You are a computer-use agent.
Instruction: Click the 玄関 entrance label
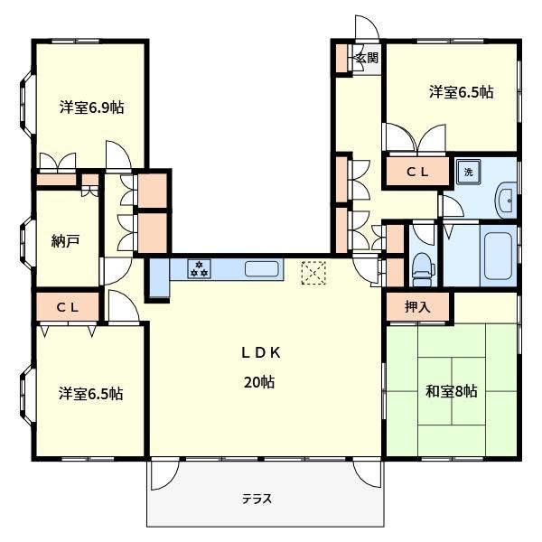click(367, 58)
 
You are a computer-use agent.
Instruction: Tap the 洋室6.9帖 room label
click(92, 107)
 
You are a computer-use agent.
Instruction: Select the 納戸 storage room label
click(65, 240)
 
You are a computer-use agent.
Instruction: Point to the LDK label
click(261, 352)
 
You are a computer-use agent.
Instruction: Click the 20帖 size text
click(259, 382)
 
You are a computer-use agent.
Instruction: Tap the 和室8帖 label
click(452, 391)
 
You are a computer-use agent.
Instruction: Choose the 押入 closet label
click(417, 306)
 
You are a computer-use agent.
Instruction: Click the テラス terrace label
click(257, 500)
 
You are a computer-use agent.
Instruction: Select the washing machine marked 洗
click(468, 172)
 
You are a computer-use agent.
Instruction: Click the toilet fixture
click(423, 269)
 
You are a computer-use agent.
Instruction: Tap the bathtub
click(498, 256)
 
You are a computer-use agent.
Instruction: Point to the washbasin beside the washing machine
click(507, 201)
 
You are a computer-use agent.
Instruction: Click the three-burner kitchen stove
click(199, 269)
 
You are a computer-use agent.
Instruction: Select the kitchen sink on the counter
click(262, 269)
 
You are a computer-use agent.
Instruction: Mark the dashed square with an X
click(313, 273)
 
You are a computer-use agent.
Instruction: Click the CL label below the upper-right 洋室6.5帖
click(417, 172)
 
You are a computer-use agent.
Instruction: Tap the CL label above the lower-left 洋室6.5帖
click(68, 307)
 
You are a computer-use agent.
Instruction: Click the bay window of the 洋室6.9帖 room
click(27, 103)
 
